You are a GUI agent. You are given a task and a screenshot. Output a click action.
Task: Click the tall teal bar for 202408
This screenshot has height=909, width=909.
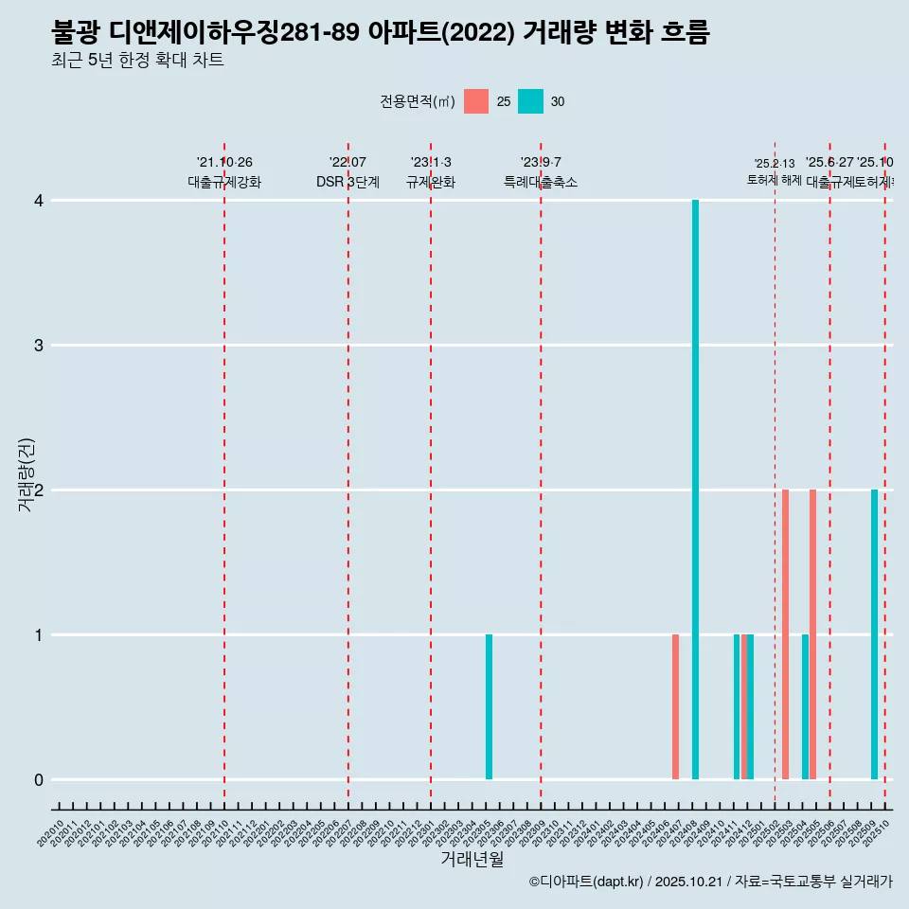(x=695, y=490)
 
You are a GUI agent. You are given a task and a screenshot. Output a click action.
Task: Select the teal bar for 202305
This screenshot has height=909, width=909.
(x=489, y=706)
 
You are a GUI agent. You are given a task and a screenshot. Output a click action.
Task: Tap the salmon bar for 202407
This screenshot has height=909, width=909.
(x=675, y=706)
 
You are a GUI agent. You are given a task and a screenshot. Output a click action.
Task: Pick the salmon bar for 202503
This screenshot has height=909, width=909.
(x=785, y=634)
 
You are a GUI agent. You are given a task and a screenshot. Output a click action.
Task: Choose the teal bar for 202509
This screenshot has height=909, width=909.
(x=874, y=634)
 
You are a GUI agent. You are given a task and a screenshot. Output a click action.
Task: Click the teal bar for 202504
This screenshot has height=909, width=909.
(x=805, y=706)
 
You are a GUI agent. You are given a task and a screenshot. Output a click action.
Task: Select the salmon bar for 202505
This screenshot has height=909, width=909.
(x=812, y=634)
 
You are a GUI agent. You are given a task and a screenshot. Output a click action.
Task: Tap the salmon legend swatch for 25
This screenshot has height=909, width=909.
(x=476, y=101)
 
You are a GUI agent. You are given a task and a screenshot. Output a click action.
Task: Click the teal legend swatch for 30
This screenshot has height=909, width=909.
(x=531, y=101)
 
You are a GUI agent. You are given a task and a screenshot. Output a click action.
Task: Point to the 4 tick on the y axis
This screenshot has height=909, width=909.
(x=39, y=201)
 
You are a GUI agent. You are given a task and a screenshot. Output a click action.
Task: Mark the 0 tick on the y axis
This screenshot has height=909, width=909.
(x=39, y=779)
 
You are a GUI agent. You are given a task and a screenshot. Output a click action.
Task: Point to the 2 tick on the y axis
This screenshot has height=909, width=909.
(x=39, y=490)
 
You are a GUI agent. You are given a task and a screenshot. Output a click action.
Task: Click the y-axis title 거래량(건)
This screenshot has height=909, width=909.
(x=26, y=475)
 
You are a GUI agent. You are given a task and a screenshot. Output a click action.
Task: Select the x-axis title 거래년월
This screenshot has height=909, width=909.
(x=472, y=860)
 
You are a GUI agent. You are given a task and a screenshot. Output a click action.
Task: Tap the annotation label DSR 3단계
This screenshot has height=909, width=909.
(x=348, y=182)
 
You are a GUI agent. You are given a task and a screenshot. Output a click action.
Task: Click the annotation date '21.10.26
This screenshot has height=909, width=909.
(x=224, y=162)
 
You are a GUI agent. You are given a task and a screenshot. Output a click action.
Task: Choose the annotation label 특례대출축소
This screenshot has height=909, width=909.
(x=540, y=182)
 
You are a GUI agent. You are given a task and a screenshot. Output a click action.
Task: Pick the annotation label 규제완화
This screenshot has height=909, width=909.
(x=431, y=182)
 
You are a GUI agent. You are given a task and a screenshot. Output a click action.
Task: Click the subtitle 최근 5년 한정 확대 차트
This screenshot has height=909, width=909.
(x=137, y=60)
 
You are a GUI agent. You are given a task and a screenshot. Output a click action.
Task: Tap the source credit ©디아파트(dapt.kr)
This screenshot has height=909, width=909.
(x=586, y=882)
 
